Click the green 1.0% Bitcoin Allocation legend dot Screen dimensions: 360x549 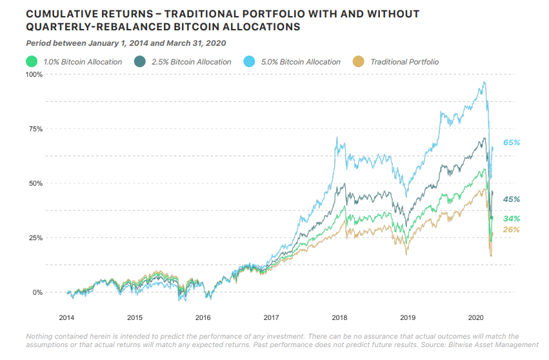[30, 62]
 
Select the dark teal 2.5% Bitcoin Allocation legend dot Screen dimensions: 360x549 [139, 62]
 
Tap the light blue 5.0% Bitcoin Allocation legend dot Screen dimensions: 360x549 [249, 62]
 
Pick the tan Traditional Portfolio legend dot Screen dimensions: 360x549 [359, 62]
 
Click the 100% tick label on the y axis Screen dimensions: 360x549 [34, 75]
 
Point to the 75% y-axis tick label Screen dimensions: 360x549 [35, 129]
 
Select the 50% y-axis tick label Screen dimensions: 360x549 [35, 183]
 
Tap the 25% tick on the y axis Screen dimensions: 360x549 [35, 238]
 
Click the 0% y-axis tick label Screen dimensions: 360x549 [37, 292]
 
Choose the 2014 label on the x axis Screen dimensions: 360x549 [66, 318]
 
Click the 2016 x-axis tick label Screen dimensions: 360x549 [203, 318]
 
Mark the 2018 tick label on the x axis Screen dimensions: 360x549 [339, 318]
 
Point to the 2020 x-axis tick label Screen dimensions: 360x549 [475, 318]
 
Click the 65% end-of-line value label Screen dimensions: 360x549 [512, 142]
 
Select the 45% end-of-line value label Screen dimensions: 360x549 [512, 199]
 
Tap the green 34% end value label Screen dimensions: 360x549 [512, 219]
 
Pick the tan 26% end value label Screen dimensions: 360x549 [512, 230]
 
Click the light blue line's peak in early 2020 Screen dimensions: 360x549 [484, 83]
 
